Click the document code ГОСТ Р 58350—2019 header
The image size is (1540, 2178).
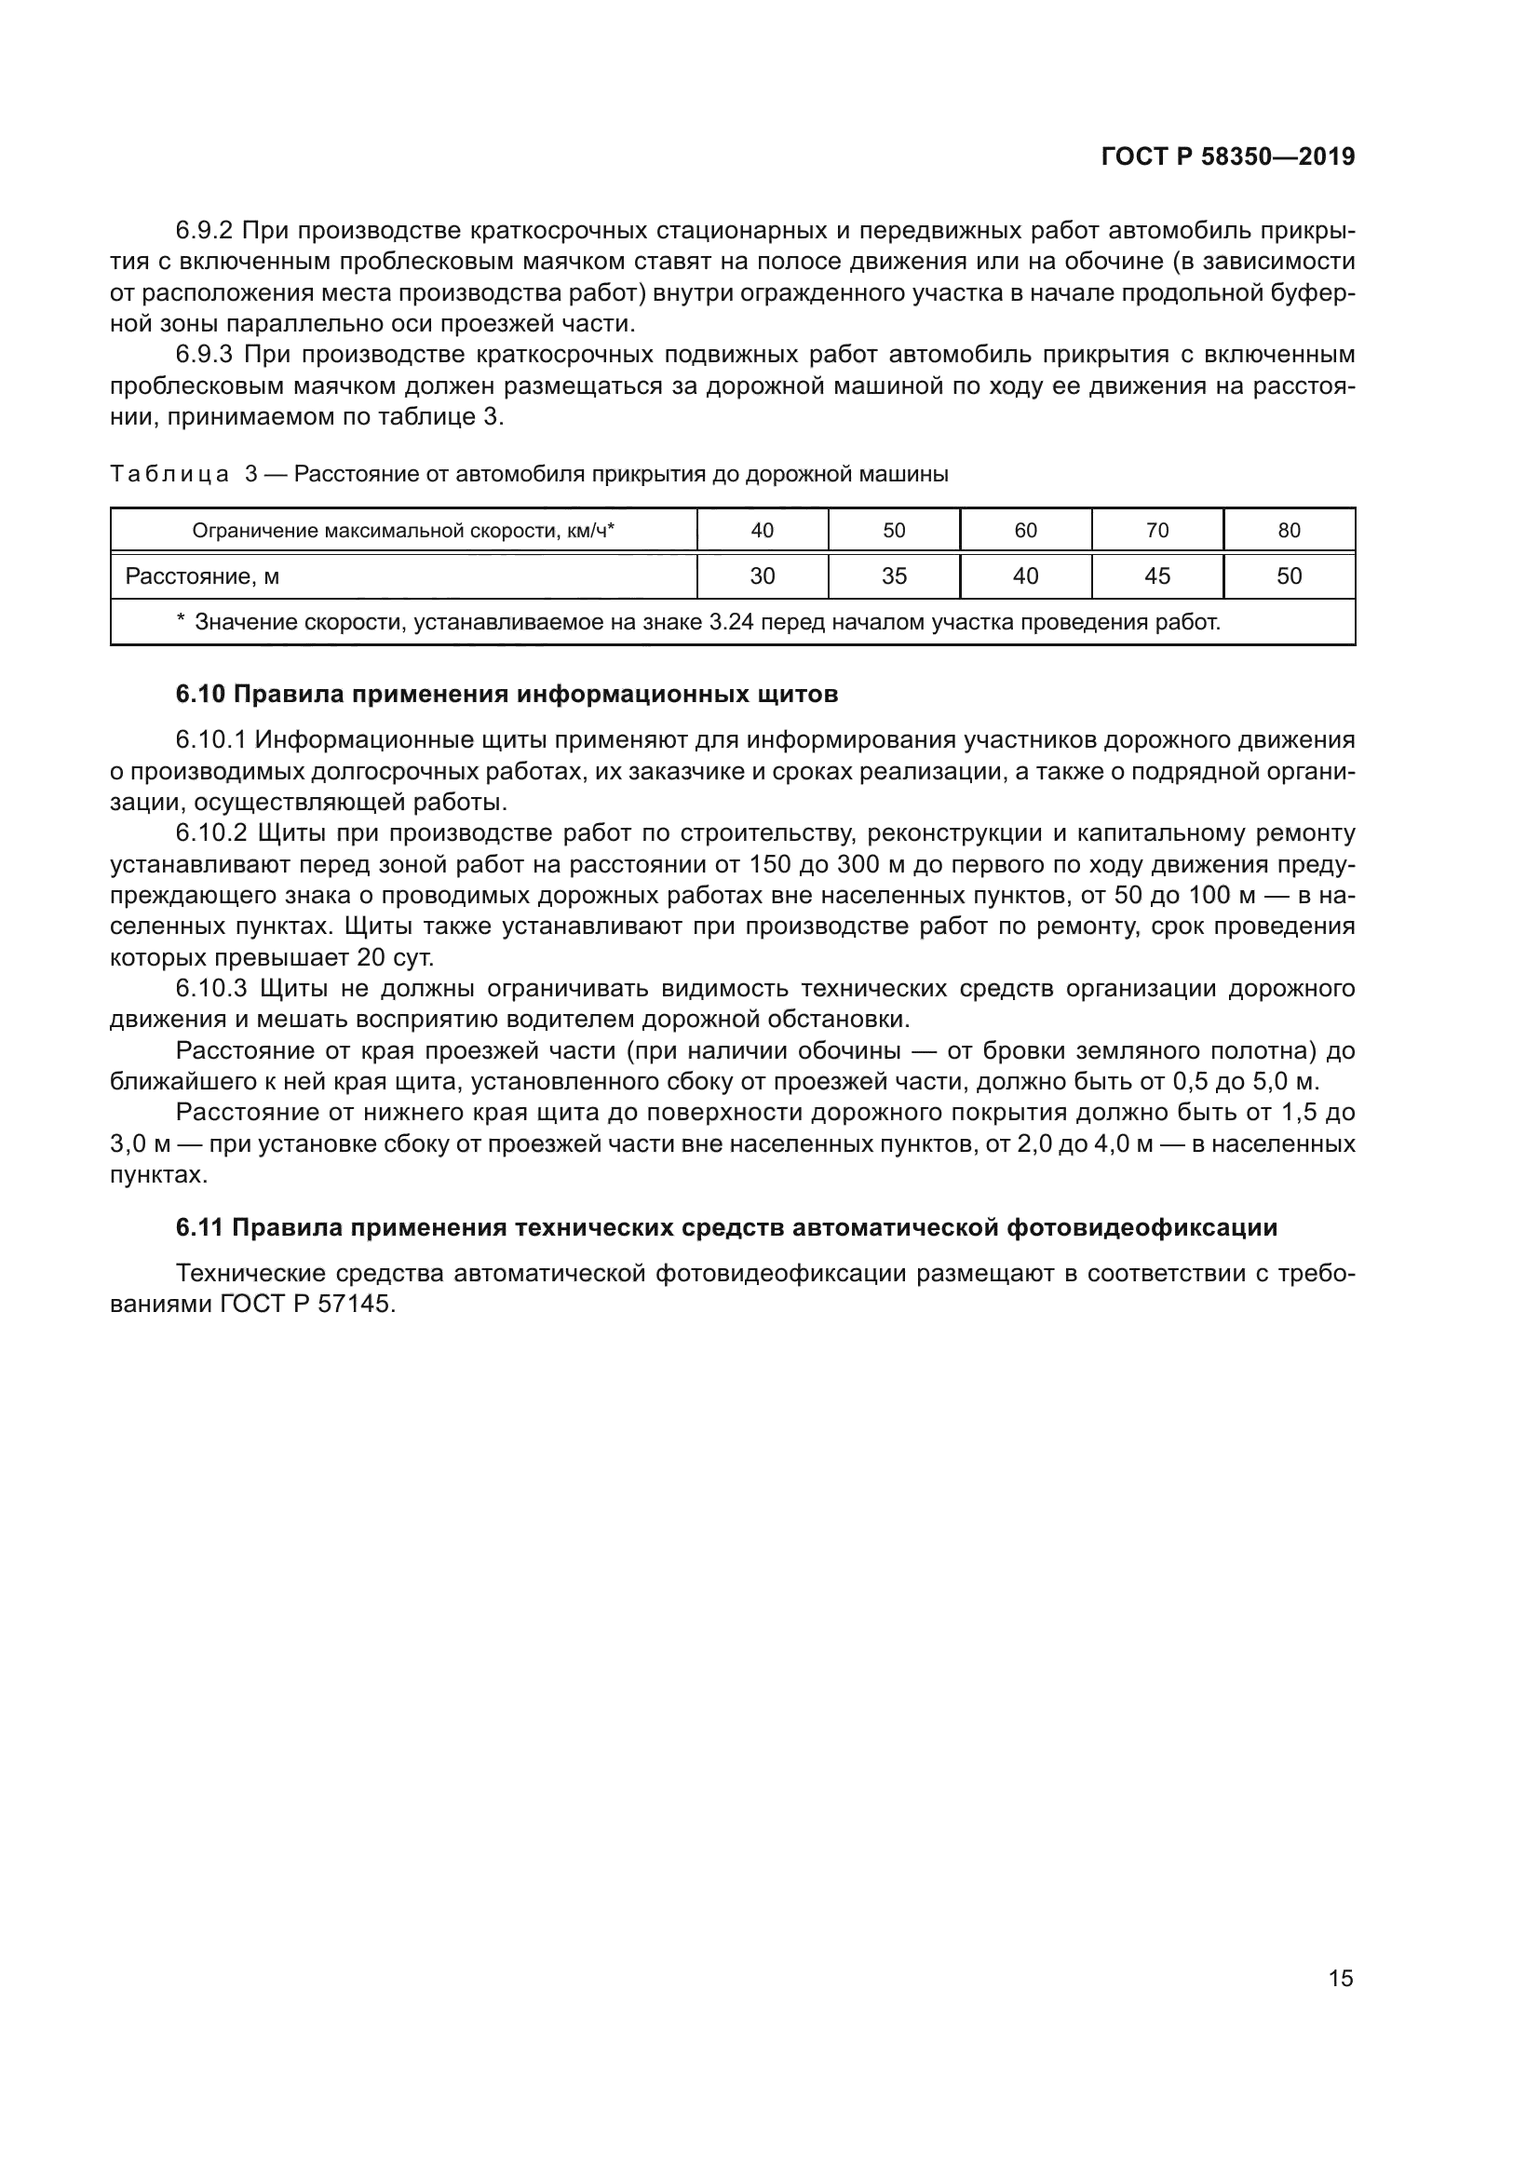point(1228,157)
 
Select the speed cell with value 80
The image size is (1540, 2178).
point(1289,530)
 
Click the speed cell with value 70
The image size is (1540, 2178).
point(1157,530)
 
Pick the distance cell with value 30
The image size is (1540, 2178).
point(763,575)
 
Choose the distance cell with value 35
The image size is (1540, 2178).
point(894,575)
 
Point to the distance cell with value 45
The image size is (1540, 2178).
point(1157,575)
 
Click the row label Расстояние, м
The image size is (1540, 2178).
point(202,576)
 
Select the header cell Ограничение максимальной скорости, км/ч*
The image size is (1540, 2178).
point(403,531)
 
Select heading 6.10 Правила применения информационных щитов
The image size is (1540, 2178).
point(507,695)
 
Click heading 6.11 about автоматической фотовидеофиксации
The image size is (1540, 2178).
point(726,1227)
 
